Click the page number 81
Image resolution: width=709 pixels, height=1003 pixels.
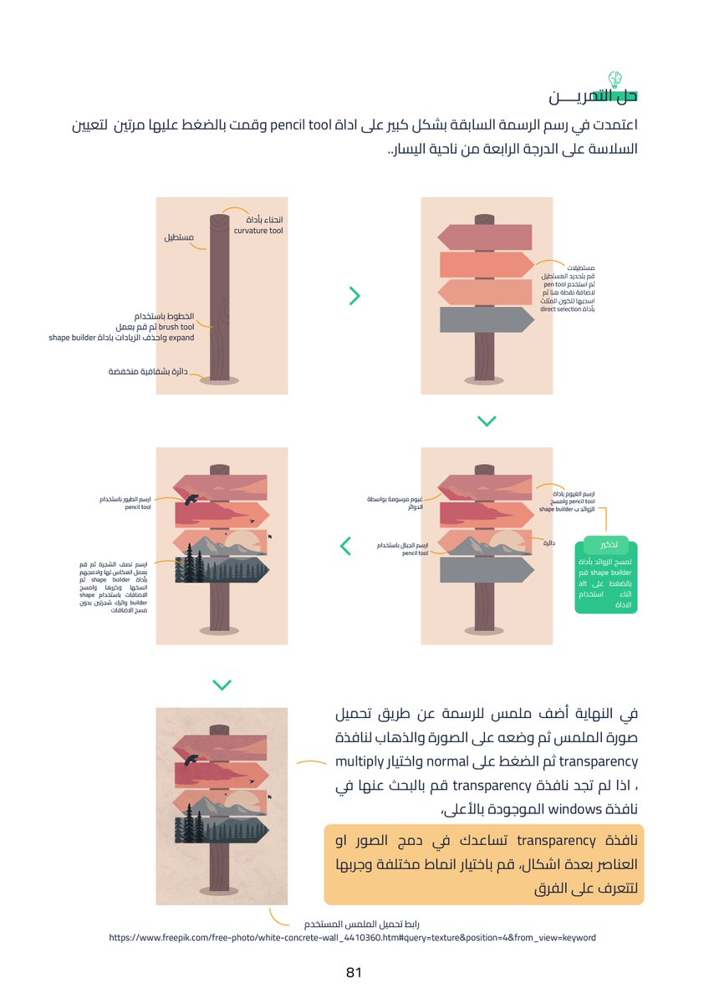click(x=353, y=973)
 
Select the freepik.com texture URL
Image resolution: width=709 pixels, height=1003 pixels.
click(x=352, y=938)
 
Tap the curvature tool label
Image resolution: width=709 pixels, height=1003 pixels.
click(x=258, y=230)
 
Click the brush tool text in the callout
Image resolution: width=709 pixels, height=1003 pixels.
click(x=176, y=327)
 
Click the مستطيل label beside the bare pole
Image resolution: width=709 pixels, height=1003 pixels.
click(x=178, y=238)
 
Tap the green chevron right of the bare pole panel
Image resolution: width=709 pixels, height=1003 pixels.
click(x=354, y=295)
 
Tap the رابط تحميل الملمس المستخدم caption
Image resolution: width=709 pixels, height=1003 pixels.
click(x=370, y=924)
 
